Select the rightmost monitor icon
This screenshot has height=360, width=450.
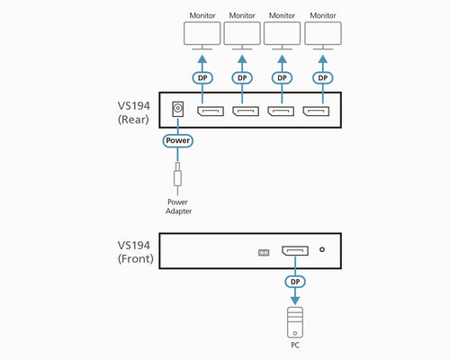tap(323, 36)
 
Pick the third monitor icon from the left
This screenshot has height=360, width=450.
tap(283, 36)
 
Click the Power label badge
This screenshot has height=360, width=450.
tap(178, 140)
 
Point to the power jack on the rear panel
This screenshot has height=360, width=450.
tap(178, 110)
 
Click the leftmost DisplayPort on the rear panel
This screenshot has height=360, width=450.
tap(211, 112)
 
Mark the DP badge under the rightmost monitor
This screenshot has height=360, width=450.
tap(323, 77)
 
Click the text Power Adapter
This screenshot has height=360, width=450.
tap(178, 206)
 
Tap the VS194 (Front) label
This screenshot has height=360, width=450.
tap(135, 251)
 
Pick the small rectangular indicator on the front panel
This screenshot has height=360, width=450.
tap(264, 253)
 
